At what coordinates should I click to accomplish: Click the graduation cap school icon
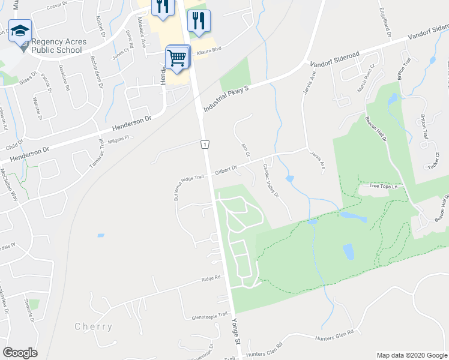click(20, 31)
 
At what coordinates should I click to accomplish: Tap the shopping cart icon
click(177, 58)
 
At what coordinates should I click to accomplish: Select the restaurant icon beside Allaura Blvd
click(199, 20)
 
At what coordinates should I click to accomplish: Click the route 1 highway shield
click(205, 145)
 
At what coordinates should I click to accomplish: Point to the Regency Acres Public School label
click(58, 46)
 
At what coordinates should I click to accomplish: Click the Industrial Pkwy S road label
click(226, 97)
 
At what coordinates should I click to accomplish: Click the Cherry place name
click(93, 327)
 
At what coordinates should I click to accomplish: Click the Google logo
click(20, 353)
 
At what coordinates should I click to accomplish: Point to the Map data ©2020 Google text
click(411, 355)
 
